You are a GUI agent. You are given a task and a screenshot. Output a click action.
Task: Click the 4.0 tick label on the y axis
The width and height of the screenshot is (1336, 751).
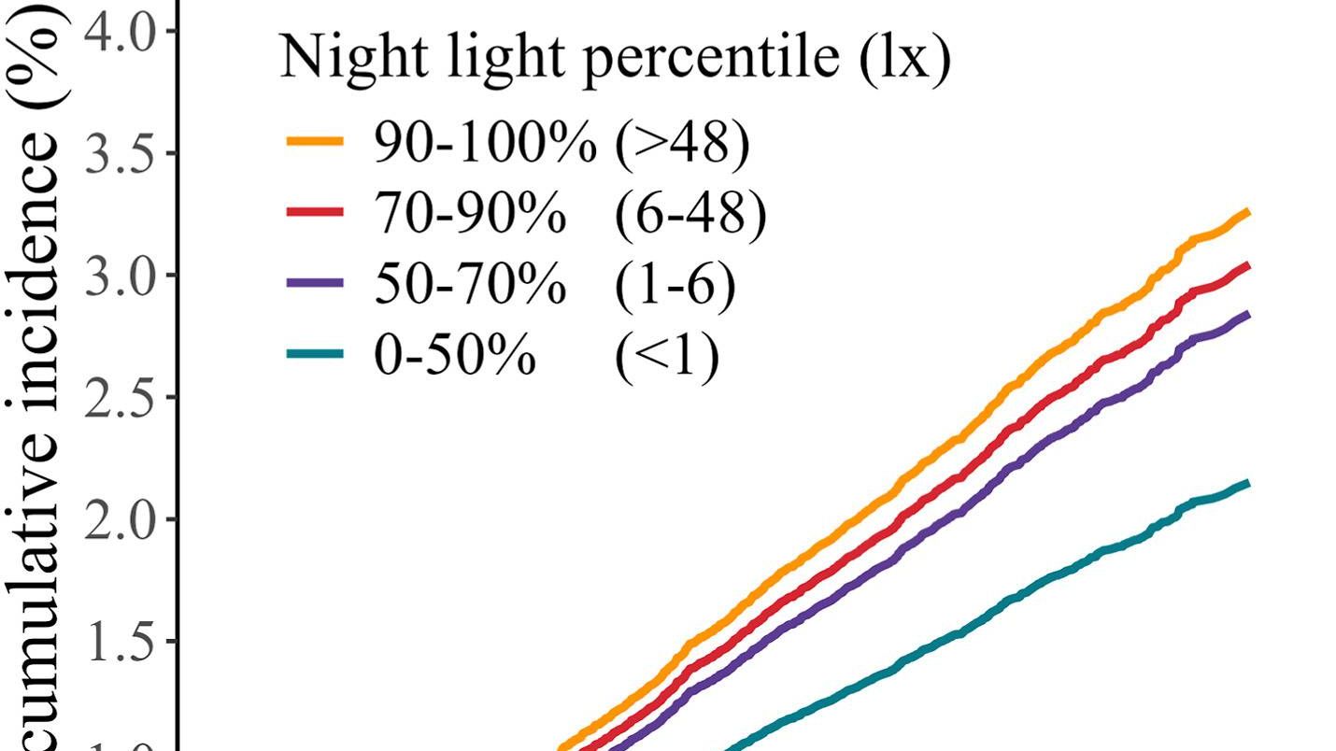(x=120, y=32)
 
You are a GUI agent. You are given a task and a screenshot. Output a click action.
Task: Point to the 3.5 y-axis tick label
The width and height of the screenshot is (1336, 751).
(x=120, y=153)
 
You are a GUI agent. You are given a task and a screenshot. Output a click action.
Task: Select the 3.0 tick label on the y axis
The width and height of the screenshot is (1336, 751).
(x=120, y=276)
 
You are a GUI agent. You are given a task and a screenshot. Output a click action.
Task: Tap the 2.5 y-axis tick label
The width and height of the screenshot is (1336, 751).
(x=120, y=397)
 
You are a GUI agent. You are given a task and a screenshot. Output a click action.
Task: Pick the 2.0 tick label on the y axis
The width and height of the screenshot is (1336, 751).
(x=120, y=519)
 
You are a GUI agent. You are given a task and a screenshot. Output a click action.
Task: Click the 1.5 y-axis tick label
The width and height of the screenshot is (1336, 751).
(x=120, y=642)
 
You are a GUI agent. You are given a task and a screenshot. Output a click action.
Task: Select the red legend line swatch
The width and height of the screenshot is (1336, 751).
(x=314, y=213)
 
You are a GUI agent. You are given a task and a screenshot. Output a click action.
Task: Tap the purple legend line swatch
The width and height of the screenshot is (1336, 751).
(x=314, y=283)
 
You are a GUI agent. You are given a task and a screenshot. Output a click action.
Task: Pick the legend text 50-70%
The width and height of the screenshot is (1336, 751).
(x=469, y=284)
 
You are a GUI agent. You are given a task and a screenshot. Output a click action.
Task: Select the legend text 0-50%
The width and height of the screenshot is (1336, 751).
(x=454, y=355)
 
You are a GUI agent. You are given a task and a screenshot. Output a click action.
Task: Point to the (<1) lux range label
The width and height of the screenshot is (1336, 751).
(x=667, y=355)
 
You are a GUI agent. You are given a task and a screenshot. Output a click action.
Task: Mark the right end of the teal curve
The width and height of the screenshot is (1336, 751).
(x=1247, y=483)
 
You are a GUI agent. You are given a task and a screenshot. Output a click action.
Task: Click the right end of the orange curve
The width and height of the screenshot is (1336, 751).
(x=1247, y=213)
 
